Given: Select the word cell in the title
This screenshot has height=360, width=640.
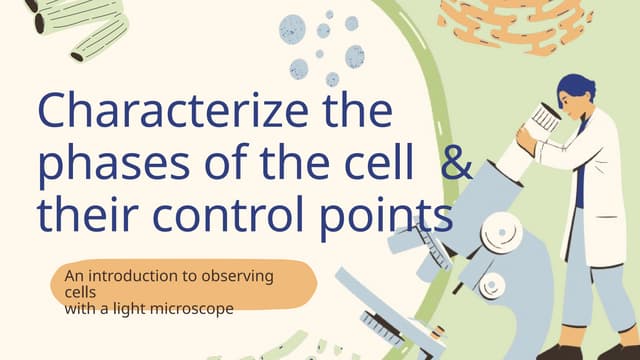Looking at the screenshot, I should pyautogui.click(x=385, y=166).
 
